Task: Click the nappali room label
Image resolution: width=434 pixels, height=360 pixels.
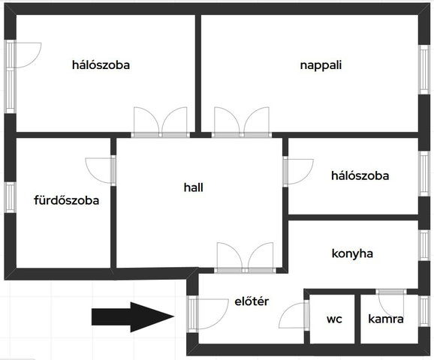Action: tap(321, 65)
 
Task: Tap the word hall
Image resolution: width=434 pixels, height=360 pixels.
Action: tap(193, 187)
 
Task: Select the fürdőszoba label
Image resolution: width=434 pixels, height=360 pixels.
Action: tap(66, 200)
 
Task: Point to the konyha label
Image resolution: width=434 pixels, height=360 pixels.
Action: tap(352, 253)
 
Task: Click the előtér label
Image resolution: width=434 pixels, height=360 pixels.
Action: tap(252, 301)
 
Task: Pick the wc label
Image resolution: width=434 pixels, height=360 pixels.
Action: tap(334, 319)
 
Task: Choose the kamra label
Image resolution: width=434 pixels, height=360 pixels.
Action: tap(385, 319)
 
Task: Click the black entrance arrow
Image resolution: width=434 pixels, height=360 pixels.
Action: tap(133, 316)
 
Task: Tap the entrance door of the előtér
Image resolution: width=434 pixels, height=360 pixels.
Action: tap(207, 313)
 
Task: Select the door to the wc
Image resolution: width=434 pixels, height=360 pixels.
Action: tap(294, 315)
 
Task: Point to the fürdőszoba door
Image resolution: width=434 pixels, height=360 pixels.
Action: tap(101, 170)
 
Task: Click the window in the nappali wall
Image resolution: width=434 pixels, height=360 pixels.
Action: tap(424, 70)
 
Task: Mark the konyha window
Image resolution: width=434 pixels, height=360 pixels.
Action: tap(424, 245)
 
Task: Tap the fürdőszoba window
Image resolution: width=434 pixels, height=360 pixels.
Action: tap(11, 197)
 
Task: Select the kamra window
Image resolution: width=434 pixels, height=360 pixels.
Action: tap(424, 311)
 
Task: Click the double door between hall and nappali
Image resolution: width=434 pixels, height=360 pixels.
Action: tap(242, 122)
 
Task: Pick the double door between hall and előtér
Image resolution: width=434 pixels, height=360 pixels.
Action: tap(245, 258)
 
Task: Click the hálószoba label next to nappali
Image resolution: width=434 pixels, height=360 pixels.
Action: tap(101, 65)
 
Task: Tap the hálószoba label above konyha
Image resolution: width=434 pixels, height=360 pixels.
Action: tap(360, 175)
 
